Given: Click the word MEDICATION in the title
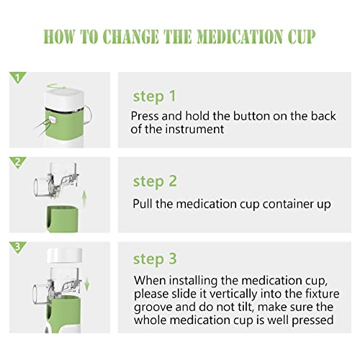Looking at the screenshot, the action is click(x=240, y=37).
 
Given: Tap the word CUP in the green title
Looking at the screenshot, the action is click(x=302, y=37).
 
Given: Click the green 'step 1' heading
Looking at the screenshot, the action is click(x=155, y=96).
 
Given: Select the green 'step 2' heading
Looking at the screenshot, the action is click(x=155, y=181).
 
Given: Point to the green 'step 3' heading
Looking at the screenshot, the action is click(x=155, y=259).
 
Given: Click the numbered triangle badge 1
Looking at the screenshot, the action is click(x=17, y=77).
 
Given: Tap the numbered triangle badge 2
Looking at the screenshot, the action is click(x=17, y=162).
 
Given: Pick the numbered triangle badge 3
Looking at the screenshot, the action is click(x=17, y=247).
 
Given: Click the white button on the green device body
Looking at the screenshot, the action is click(x=53, y=120).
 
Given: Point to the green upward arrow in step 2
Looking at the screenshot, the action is click(x=84, y=199).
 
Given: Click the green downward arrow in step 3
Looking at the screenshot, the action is click(x=86, y=284).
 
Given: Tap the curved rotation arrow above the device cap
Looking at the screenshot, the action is click(x=56, y=86).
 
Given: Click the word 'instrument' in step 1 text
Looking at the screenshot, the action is click(x=194, y=129).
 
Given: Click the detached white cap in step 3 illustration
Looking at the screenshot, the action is click(x=65, y=255).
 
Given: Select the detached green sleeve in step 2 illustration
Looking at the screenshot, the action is click(x=62, y=219).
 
